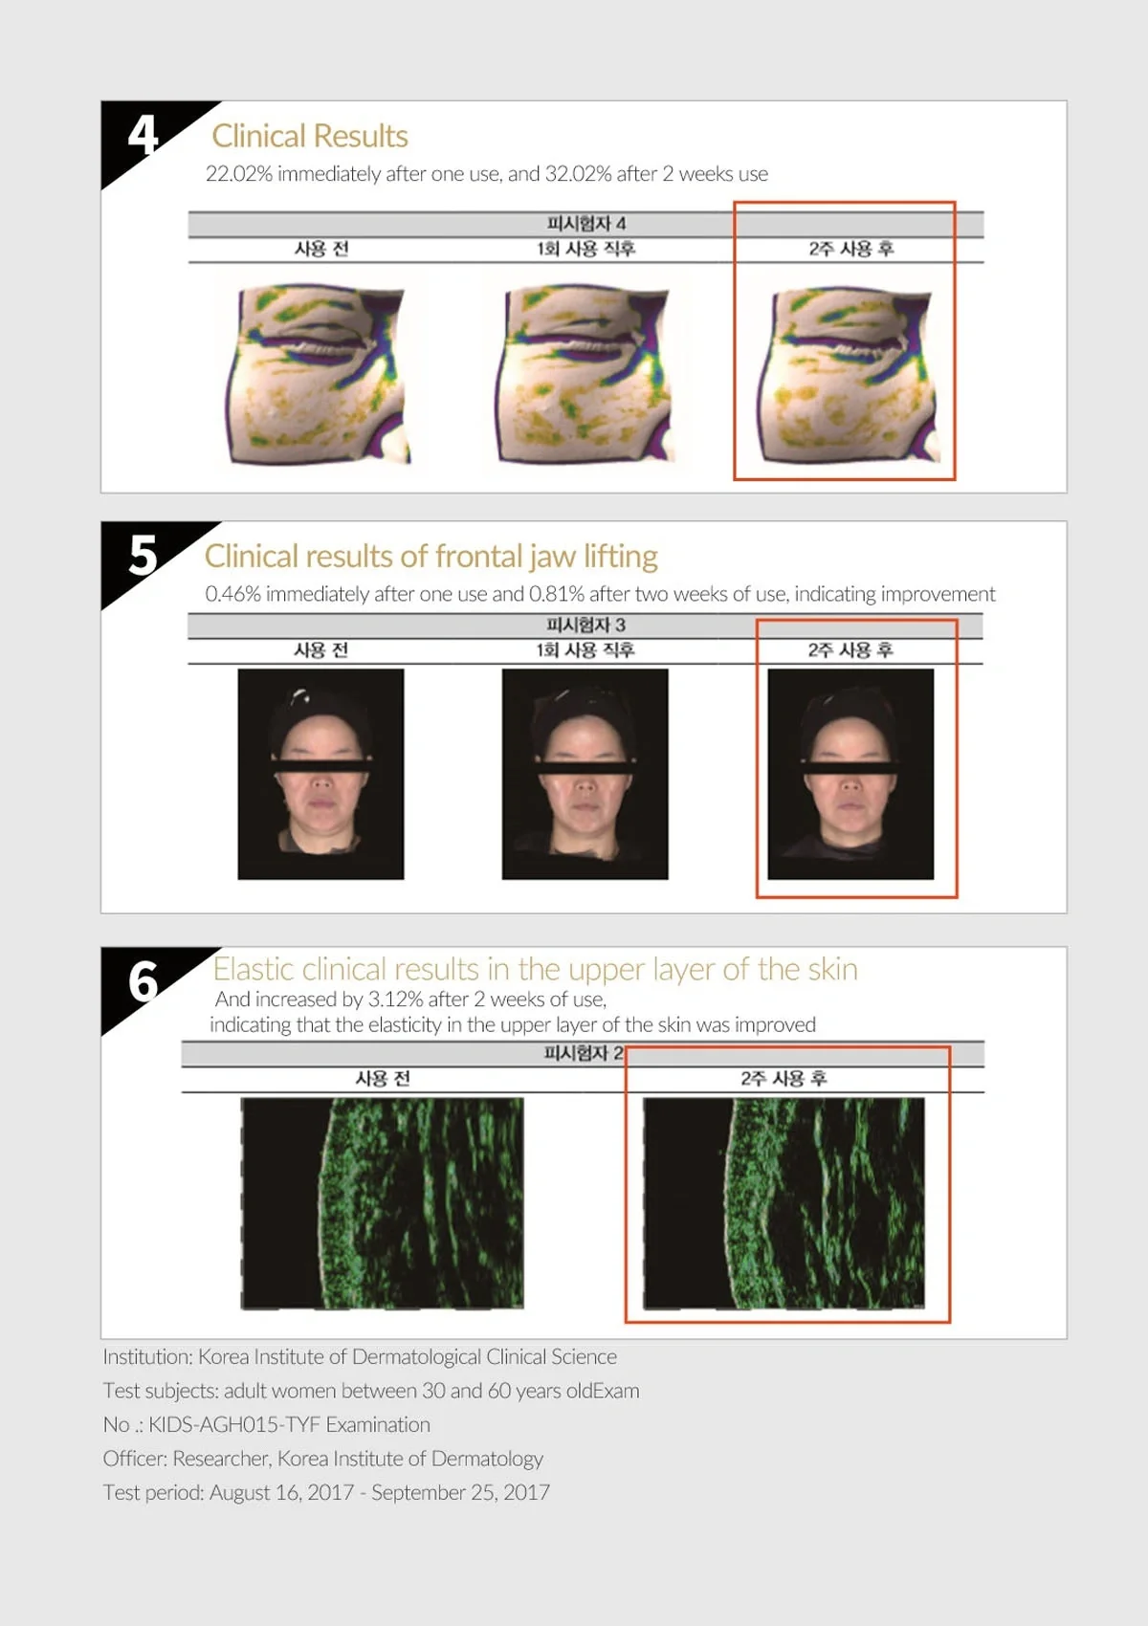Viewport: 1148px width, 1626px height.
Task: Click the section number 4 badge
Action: [x=143, y=135]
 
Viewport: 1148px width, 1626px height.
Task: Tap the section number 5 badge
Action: [x=143, y=556]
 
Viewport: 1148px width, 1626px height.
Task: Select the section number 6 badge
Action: [x=143, y=981]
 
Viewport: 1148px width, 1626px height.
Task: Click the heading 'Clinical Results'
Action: [x=310, y=136]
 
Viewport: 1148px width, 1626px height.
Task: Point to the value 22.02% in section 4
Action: [x=239, y=174]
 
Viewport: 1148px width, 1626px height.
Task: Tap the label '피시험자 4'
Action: [x=586, y=224]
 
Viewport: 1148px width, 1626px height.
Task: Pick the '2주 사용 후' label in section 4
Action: [x=850, y=249]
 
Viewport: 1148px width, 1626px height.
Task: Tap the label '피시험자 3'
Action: [x=586, y=626]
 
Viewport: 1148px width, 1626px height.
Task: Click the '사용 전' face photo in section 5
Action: [x=320, y=774]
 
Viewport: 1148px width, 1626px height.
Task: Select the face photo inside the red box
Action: [x=850, y=774]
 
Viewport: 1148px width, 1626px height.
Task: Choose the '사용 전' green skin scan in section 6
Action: [x=383, y=1203]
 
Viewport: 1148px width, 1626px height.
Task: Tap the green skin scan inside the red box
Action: [x=784, y=1203]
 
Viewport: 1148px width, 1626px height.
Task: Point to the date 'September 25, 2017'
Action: [x=460, y=1493]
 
